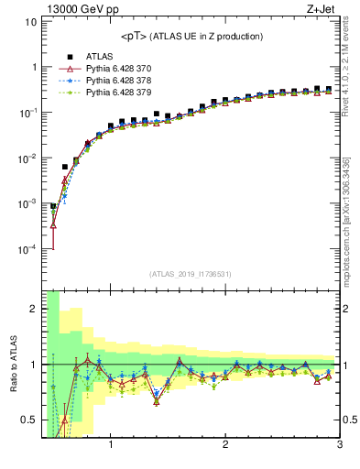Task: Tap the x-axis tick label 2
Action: tap(225, 446)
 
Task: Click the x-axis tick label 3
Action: tap(339, 446)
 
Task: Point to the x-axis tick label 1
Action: tap(111, 446)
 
